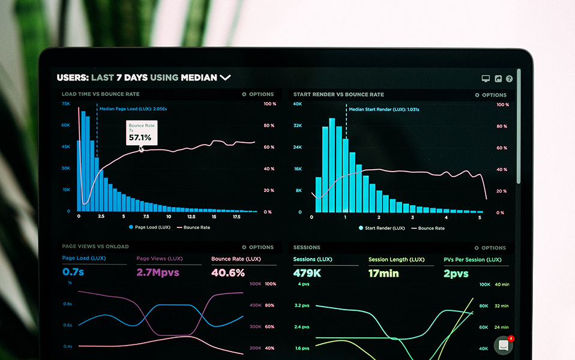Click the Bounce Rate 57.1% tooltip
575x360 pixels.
coord(142,133)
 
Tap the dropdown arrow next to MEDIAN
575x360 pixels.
coord(225,77)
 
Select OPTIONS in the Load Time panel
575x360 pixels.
coord(257,94)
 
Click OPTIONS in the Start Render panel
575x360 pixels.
coord(490,95)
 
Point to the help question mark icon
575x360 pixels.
coord(509,79)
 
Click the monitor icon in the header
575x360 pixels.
coord(486,79)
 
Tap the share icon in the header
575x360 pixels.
coord(498,79)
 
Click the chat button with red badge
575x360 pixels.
coord(503,346)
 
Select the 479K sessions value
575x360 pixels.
coord(307,274)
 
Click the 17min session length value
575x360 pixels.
coord(384,274)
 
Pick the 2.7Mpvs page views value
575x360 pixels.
coord(157,272)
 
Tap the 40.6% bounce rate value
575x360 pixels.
coord(228,272)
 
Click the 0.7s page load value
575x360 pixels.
coord(73,272)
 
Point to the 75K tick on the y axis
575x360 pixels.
coord(66,103)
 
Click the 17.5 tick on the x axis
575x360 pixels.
coord(236,217)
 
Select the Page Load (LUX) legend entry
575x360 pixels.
coord(150,227)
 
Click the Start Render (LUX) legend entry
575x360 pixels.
coord(381,228)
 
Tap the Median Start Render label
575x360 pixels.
coord(384,109)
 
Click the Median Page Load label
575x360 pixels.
coord(133,109)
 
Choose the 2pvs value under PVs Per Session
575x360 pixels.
coord(456,274)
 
